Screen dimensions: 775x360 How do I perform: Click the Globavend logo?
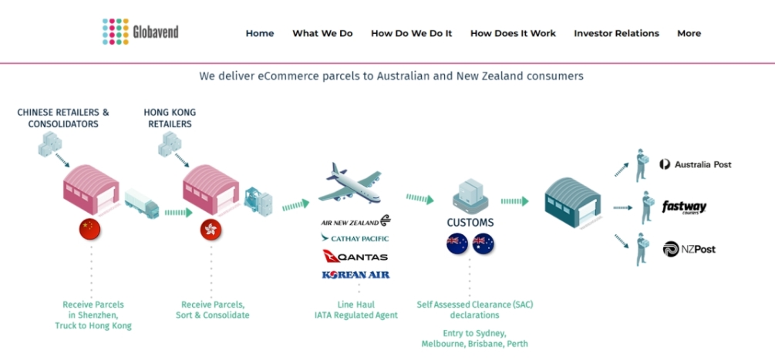(140, 32)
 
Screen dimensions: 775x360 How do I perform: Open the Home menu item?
(259, 34)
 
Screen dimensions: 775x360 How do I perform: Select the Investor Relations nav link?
(616, 34)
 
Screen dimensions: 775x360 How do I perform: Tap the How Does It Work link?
(513, 34)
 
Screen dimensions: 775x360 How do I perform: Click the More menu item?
(689, 34)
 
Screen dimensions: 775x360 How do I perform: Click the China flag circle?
(90, 229)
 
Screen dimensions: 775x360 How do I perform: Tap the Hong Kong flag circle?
(211, 230)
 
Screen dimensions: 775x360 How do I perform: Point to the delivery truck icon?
(142, 203)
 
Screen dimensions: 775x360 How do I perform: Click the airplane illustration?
(350, 183)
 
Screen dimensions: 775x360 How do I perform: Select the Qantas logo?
(355, 257)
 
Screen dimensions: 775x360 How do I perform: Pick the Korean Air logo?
(355, 274)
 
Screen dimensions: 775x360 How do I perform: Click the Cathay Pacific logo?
(355, 238)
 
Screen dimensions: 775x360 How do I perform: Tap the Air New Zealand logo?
(355, 221)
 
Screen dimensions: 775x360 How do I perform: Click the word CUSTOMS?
(470, 223)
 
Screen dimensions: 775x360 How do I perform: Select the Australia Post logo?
(696, 164)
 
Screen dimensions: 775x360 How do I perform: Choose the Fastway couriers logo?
(684, 207)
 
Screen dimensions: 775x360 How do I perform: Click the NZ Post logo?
(689, 250)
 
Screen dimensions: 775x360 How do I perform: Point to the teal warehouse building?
(573, 203)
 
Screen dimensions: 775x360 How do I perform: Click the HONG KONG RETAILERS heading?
(170, 118)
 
